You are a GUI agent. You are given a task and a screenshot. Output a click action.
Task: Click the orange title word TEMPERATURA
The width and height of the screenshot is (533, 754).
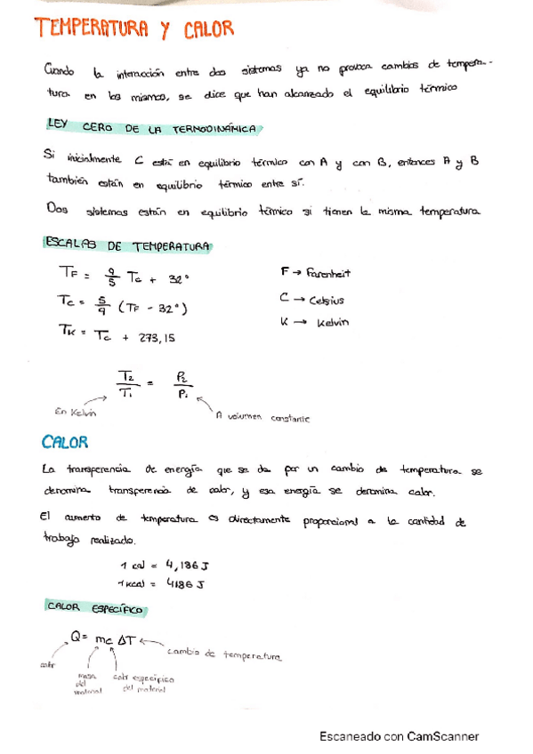coord(93,31)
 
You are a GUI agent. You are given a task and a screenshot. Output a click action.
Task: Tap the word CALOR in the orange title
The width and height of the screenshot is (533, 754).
coord(209,31)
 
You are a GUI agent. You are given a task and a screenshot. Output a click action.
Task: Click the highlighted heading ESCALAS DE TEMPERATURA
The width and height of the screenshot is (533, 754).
coord(126,245)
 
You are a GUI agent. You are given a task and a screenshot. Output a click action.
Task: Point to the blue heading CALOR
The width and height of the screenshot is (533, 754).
coord(64,441)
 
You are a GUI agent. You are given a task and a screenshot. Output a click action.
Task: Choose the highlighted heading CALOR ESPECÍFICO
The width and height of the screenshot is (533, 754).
coord(96,608)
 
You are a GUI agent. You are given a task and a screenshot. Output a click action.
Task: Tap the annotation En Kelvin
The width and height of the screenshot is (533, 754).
coord(74,412)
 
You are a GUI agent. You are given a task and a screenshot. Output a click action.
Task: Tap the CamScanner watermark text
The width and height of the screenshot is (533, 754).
coord(400,736)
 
